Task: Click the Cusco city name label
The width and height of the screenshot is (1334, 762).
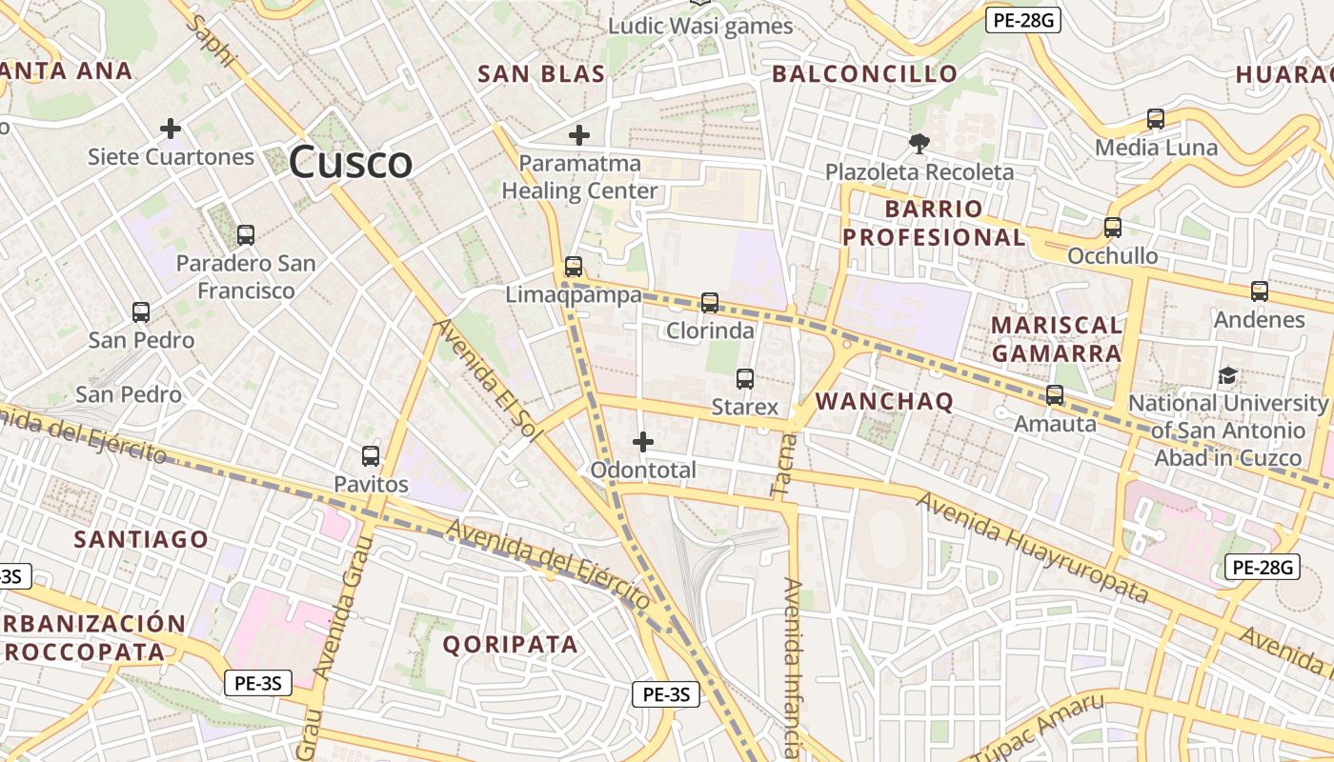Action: [x=351, y=162]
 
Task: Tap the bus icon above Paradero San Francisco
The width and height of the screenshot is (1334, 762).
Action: [x=246, y=234]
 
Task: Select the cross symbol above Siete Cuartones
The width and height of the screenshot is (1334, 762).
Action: [x=171, y=128]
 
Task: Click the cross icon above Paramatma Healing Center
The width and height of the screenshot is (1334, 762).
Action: [x=578, y=134]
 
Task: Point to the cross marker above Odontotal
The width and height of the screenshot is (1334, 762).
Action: [x=643, y=441]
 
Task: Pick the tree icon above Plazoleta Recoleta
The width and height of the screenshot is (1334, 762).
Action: [x=920, y=144]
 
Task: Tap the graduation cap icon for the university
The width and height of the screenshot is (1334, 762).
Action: [x=1227, y=375]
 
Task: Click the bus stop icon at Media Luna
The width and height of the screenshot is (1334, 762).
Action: [x=1156, y=119]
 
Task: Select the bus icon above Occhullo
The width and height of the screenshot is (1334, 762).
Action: [x=1112, y=228]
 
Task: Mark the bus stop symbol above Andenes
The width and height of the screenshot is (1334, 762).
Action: [x=1260, y=291]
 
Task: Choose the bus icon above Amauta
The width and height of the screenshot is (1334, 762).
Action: [x=1055, y=394]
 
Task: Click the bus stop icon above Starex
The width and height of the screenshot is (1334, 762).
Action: [x=745, y=379]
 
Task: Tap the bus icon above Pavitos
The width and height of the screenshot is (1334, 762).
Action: [x=371, y=456]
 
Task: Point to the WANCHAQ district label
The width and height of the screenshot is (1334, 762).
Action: [x=884, y=401]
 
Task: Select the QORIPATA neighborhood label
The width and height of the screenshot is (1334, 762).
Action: [x=511, y=644]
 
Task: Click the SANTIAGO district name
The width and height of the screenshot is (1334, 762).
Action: [x=141, y=539]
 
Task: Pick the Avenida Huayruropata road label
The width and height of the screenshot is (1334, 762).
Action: [x=1033, y=547]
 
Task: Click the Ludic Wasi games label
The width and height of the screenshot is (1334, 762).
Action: [x=701, y=26]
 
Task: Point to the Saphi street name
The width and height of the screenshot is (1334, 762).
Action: [x=212, y=39]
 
